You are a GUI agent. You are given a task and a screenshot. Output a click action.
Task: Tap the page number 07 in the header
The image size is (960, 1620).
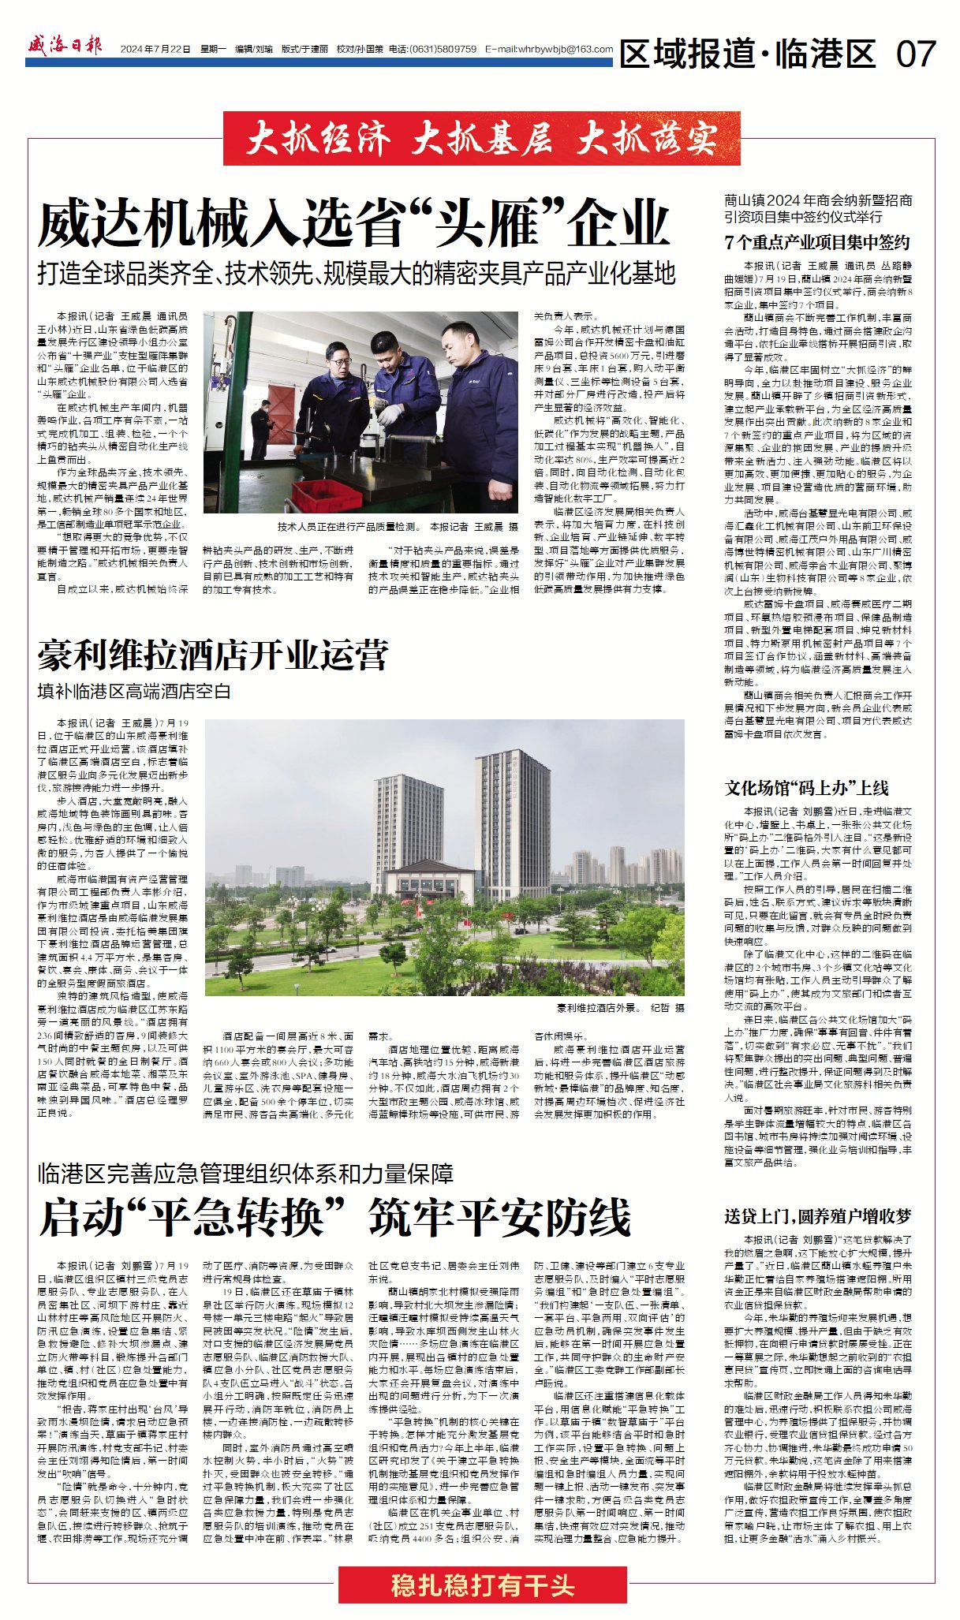(x=915, y=54)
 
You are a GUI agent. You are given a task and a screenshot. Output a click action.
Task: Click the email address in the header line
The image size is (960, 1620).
(x=549, y=49)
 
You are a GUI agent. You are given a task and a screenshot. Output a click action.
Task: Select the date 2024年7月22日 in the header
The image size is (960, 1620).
(x=155, y=49)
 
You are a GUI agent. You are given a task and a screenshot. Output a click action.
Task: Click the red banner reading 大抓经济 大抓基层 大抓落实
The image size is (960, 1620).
(x=481, y=139)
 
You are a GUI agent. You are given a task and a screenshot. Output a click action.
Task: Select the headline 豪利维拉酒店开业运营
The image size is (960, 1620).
(x=213, y=655)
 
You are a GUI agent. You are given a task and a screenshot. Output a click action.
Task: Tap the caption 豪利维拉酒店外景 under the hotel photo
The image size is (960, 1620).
(x=597, y=1008)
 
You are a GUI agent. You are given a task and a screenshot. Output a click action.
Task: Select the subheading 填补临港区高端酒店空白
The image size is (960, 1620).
(x=134, y=692)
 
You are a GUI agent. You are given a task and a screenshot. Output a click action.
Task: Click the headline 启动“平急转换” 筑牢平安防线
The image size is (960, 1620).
(x=335, y=1218)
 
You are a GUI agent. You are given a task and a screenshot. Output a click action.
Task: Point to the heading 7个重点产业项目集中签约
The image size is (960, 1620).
(x=816, y=242)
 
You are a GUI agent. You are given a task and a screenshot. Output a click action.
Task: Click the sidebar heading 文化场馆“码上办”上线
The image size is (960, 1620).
(x=806, y=788)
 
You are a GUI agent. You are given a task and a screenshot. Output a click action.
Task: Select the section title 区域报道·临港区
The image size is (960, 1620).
(x=747, y=54)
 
